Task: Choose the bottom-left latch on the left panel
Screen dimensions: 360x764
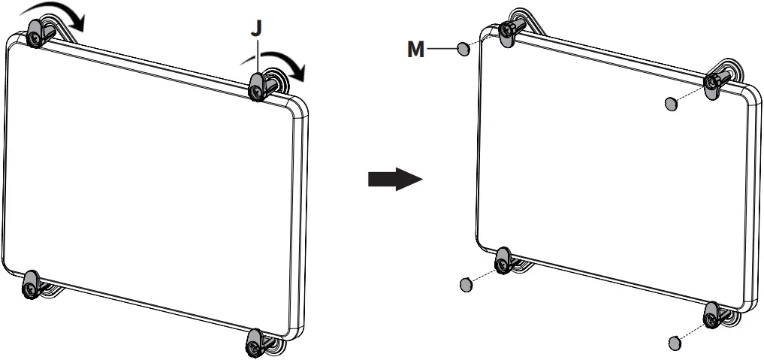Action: [x=31, y=283]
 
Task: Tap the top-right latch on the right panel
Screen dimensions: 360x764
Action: [x=713, y=83]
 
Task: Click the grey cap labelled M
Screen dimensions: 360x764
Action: [x=464, y=49]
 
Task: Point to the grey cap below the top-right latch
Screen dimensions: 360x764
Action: [x=671, y=103]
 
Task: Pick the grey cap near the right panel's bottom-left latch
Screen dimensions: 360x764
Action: [x=466, y=283]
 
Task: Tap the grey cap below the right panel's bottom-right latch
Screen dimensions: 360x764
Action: [x=675, y=343]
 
